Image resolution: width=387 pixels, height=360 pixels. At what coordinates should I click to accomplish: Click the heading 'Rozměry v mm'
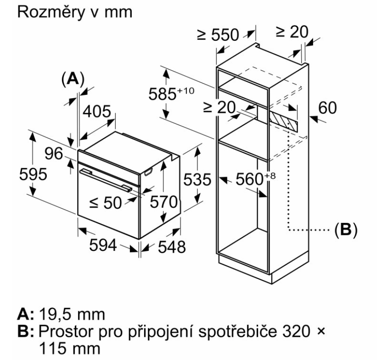click(x=74, y=11)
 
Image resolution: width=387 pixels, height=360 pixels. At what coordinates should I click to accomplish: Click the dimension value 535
click(x=196, y=180)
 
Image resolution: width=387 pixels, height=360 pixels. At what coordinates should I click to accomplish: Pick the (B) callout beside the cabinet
click(x=345, y=228)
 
